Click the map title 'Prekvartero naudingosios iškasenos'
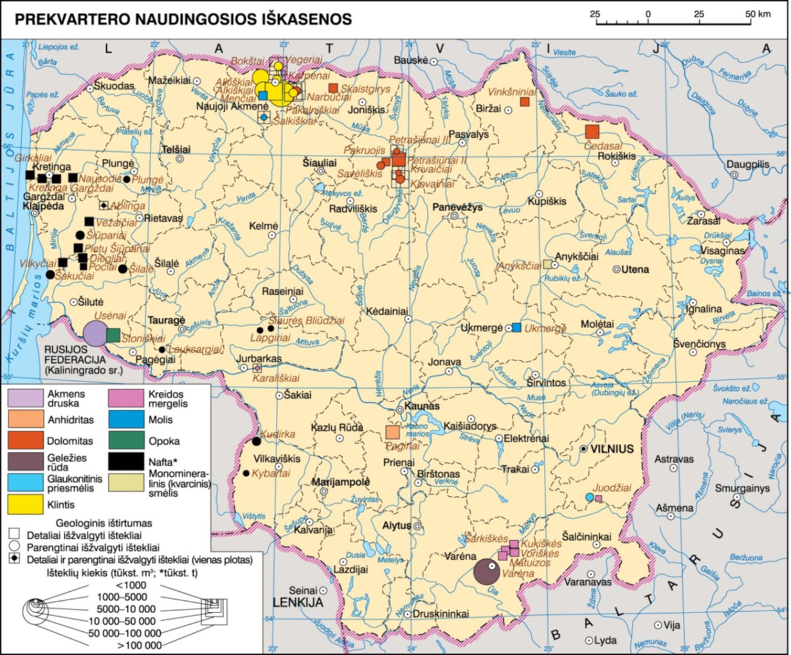[x=183, y=19]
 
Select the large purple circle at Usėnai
[x=95, y=333]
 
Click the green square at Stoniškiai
[x=113, y=335]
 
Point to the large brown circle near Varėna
[x=487, y=571]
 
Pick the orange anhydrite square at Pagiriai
[x=392, y=432]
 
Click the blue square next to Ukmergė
[x=516, y=327]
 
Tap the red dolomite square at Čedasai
[x=592, y=132]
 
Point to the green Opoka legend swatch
[x=126, y=441]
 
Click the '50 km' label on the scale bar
[x=758, y=14]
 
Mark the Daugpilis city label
[x=748, y=164]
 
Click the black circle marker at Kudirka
[x=257, y=441]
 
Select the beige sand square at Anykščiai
[x=547, y=264]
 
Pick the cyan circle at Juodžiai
[x=589, y=497]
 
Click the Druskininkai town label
[x=441, y=613]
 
